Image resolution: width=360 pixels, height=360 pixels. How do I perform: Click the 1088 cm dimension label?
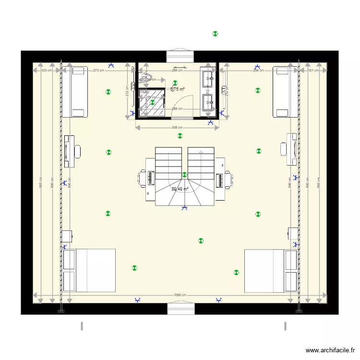[x=180, y=295]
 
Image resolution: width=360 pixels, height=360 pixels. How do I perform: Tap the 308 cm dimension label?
[x=177, y=128]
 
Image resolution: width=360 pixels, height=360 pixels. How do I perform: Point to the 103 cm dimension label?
[x=47, y=71]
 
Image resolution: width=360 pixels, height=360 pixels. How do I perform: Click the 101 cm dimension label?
[x=313, y=71]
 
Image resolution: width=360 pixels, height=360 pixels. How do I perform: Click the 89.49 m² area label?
[x=180, y=189]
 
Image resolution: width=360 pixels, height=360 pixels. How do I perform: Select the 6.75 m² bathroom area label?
[x=178, y=89]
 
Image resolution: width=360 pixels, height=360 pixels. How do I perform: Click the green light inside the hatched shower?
[x=152, y=102]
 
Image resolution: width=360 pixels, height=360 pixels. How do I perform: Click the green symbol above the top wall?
[x=215, y=34]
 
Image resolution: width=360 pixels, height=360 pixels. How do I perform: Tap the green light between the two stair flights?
[x=184, y=175]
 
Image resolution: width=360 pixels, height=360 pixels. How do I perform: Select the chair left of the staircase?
[x=142, y=178]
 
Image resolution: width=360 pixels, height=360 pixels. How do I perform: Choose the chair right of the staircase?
[x=231, y=180]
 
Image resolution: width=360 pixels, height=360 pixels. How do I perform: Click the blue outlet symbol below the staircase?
[x=184, y=208]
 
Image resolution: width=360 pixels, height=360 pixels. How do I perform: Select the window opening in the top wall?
[x=180, y=56]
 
